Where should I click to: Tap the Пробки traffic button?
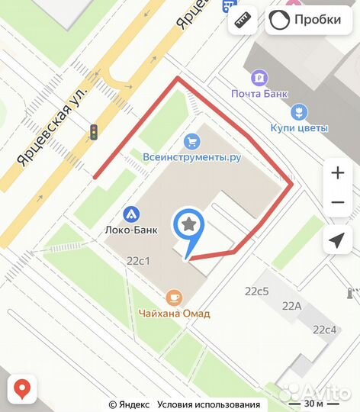point(303,20)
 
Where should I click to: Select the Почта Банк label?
point(260,94)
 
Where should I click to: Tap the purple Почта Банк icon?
point(260,77)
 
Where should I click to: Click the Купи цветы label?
point(299,128)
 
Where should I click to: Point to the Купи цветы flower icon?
point(299,111)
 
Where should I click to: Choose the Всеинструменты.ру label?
point(192,157)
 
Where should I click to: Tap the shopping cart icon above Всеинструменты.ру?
point(191,140)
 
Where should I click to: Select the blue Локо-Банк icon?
point(130,214)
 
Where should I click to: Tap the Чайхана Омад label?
point(175,313)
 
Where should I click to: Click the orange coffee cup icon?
point(175,297)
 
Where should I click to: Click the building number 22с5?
point(257,291)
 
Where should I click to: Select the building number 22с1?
point(138,260)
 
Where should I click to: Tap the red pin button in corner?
point(24,389)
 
